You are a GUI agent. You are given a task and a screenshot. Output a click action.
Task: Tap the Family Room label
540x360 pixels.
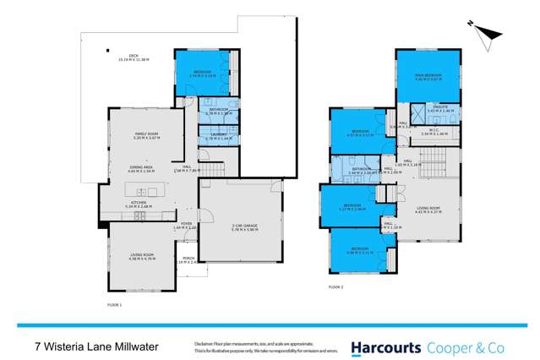pyautogui.click(x=147, y=136)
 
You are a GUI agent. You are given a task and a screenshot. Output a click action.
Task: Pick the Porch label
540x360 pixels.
pyautogui.click(x=190, y=260)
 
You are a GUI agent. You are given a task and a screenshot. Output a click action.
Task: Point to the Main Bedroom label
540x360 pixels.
pyautogui.click(x=429, y=78)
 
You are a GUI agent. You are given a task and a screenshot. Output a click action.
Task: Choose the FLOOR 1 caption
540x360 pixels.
pyautogui.click(x=115, y=304)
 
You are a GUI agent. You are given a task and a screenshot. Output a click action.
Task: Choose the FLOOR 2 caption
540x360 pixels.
pyautogui.click(x=338, y=288)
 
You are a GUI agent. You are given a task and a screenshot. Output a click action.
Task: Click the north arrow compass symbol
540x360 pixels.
pyautogui.click(x=484, y=31)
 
